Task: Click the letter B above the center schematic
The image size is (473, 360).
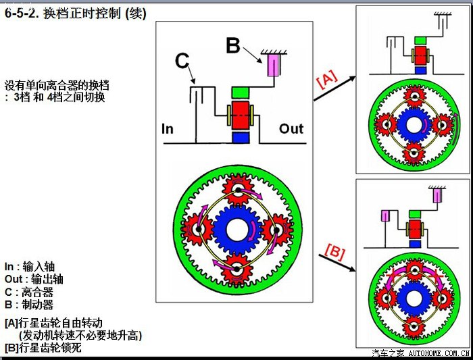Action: [233, 46]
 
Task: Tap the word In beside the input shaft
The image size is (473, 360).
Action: [168, 128]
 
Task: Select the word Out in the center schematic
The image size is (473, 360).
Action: [291, 128]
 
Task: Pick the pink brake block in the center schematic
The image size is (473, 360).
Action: [275, 66]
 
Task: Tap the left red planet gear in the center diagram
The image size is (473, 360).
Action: [195, 230]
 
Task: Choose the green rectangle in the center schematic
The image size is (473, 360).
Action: [241, 91]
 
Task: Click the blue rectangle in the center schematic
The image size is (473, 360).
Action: [241, 137]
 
